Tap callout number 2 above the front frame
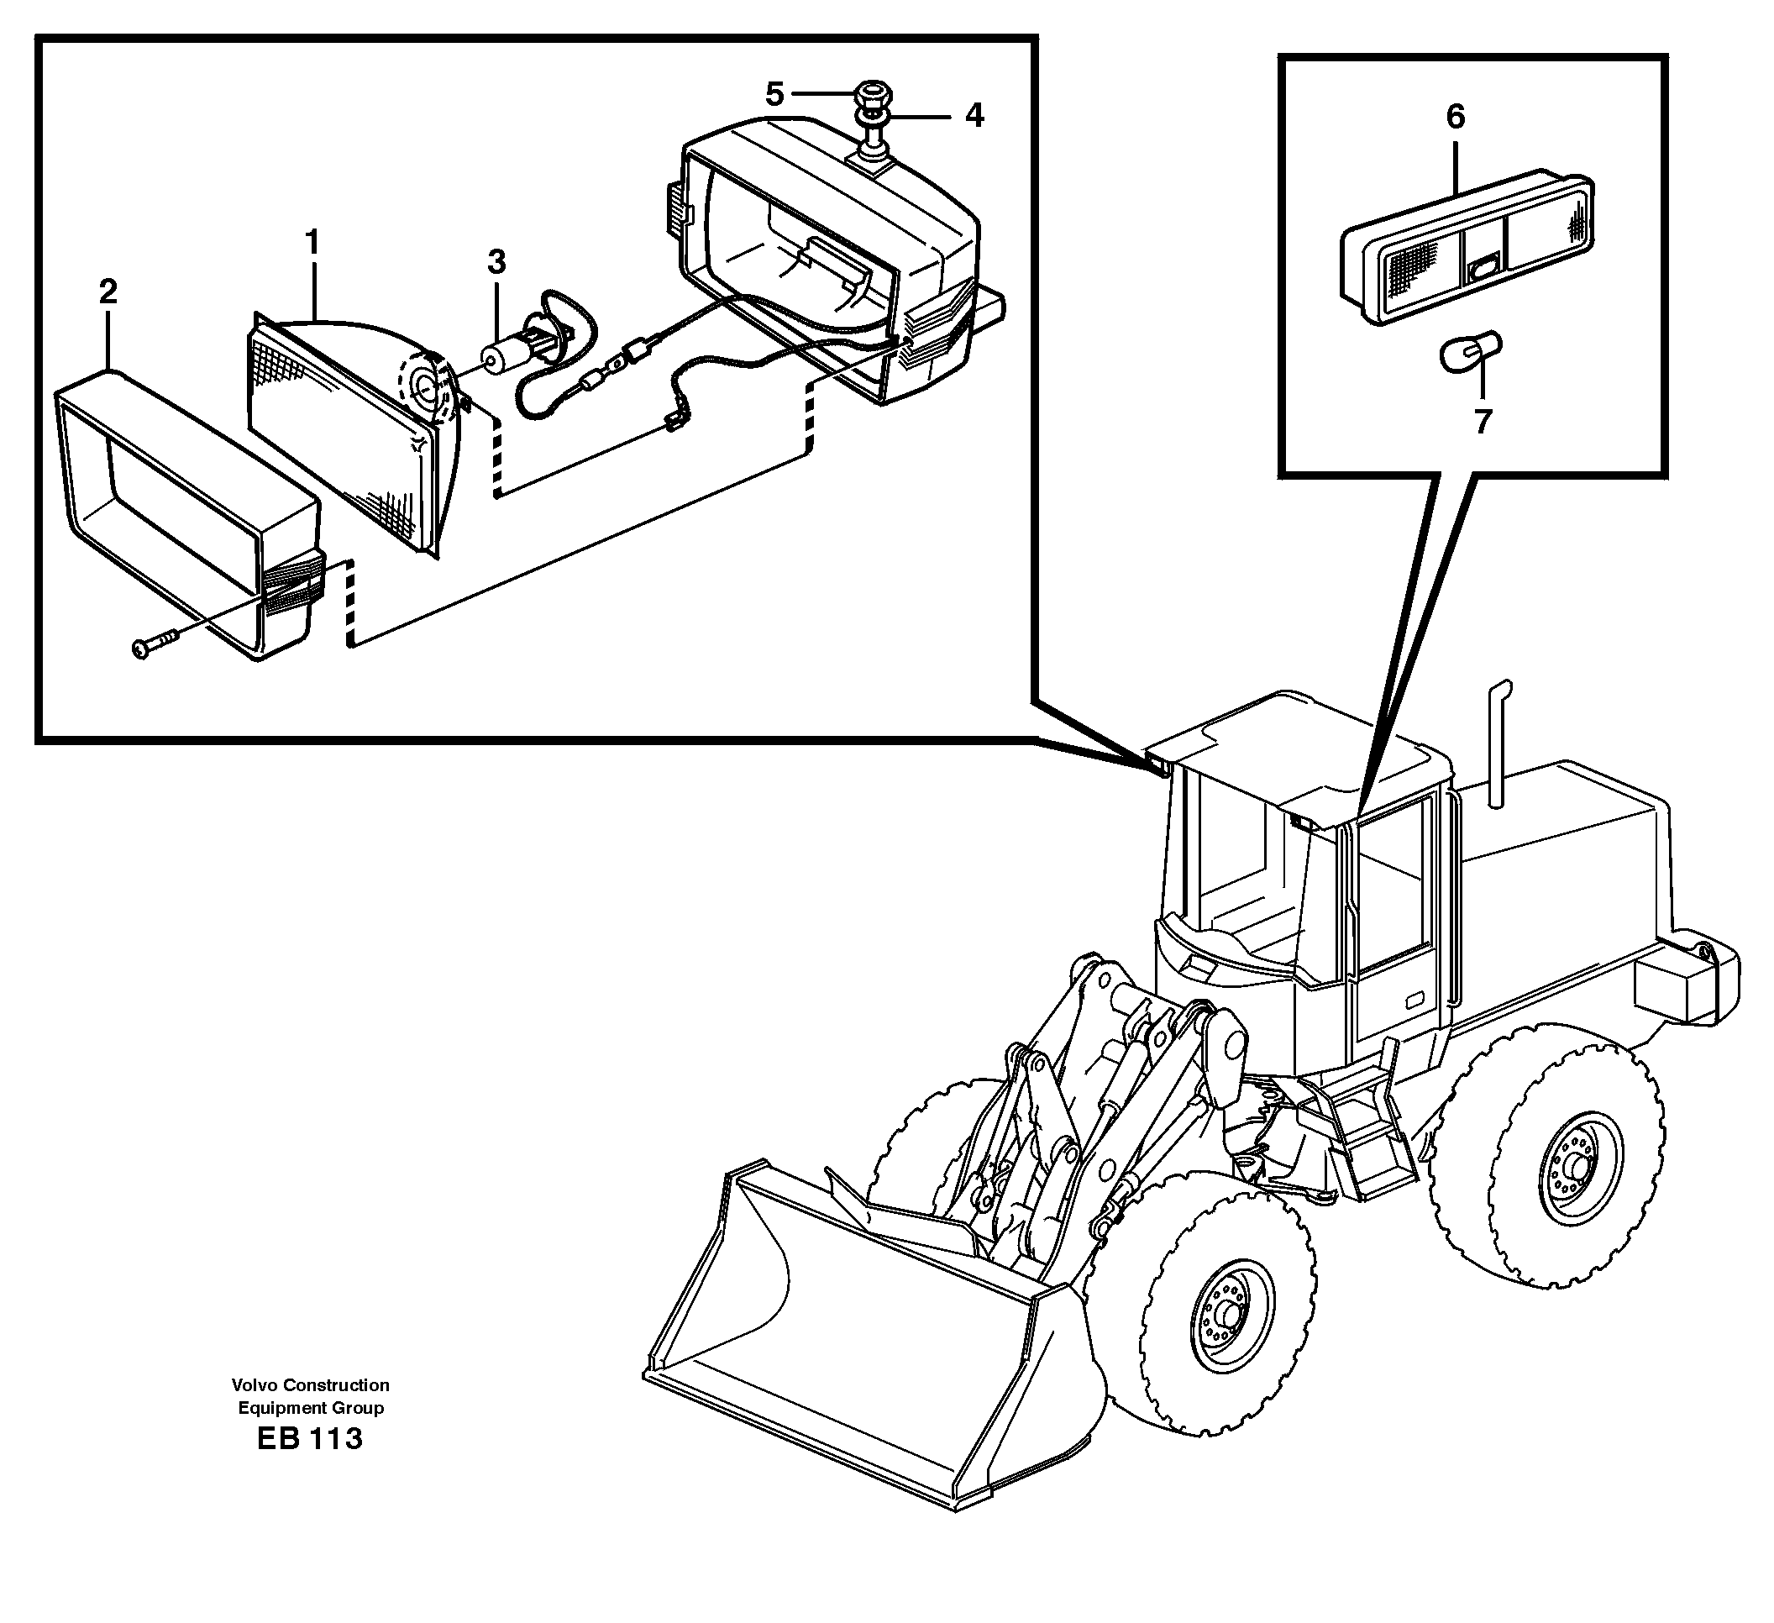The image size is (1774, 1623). (108, 292)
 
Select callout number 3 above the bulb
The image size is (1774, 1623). (496, 261)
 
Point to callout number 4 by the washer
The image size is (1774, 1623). (974, 115)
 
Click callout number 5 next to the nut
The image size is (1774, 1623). (774, 93)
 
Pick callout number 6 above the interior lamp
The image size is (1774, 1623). (1456, 116)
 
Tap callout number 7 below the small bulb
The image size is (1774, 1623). (1483, 422)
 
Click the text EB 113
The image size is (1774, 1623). (310, 1439)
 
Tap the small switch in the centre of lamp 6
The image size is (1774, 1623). (1484, 265)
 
